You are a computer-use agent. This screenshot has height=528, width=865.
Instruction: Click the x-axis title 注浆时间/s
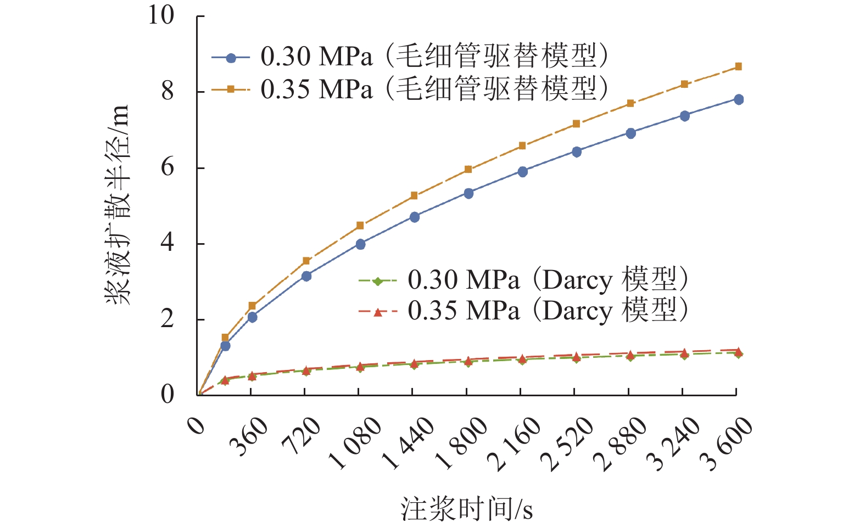point(466,509)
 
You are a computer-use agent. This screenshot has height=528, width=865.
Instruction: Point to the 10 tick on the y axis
point(161,15)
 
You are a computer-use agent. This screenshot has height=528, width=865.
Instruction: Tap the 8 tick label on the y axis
point(168,91)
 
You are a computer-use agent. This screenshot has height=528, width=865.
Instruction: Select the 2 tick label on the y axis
point(168,319)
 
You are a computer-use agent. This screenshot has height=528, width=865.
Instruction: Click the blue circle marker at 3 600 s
point(739,99)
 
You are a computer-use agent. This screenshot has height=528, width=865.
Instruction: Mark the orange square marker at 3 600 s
point(739,66)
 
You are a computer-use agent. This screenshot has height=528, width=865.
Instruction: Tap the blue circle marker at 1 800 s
point(468,193)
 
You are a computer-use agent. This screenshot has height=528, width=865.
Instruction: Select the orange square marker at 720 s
point(306,261)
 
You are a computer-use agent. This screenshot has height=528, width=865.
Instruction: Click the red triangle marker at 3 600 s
point(739,351)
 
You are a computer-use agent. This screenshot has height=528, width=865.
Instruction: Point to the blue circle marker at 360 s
point(252,317)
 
